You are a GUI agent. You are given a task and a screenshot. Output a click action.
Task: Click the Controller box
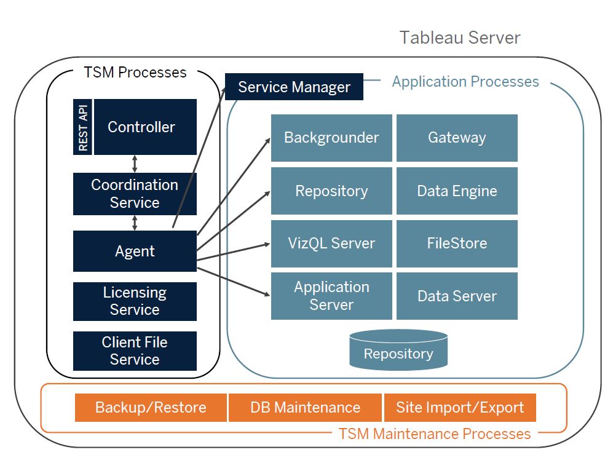146,127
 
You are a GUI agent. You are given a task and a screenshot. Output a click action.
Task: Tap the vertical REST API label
82,127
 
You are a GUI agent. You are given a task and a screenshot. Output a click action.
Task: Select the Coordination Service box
135,194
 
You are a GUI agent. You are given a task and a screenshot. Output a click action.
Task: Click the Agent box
135,251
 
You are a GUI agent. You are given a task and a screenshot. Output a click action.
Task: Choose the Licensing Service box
135,301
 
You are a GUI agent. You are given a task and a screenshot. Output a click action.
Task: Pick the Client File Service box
135,351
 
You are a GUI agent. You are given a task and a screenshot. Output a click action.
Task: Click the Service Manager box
294,87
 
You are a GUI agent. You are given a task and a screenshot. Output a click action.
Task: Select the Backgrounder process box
331,138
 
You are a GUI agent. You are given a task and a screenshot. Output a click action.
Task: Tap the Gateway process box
457,138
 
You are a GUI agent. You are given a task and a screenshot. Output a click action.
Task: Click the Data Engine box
457,191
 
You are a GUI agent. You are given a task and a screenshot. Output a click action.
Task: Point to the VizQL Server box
331,243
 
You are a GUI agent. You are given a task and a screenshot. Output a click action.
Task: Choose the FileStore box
457,243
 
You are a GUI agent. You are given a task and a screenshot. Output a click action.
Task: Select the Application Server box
331,296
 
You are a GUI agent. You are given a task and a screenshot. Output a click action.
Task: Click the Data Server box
457,296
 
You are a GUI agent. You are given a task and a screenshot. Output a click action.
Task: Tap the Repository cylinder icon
398,350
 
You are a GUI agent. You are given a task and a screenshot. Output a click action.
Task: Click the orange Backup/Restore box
151,408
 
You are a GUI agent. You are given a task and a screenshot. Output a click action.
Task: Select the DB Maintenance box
306,408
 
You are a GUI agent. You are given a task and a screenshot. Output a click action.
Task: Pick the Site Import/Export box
460,408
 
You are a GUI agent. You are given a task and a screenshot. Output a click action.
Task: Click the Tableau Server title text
460,38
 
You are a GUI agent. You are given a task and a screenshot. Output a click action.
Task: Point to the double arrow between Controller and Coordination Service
135,164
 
